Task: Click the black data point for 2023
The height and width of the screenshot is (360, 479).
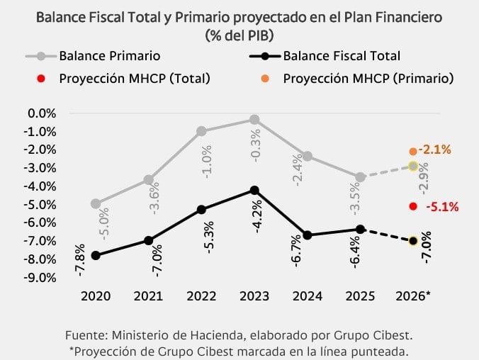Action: pos(254,190)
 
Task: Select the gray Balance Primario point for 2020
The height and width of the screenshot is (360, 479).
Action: pos(95,203)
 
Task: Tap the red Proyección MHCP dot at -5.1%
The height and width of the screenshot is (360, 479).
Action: pos(412,206)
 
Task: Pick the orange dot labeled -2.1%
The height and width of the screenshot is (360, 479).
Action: pos(412,151)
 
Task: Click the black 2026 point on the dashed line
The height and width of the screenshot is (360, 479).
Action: pos(412,241)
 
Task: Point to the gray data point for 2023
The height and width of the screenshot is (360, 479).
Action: pos(254,120)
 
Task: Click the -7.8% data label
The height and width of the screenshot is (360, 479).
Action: pos(80,259)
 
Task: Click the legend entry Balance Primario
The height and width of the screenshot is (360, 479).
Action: pos(109,55)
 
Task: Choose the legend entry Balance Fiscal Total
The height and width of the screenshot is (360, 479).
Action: pos(341,55)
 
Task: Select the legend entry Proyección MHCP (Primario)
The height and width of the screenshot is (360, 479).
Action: pos(368,77)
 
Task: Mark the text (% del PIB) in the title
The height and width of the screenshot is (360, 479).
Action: pos(239,34)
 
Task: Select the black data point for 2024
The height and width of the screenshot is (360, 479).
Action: pos(307,235)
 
